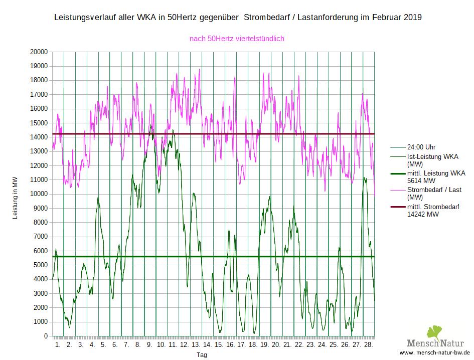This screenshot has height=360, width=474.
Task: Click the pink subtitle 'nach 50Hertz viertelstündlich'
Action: click(237, 38)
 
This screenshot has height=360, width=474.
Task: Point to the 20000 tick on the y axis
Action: click(38, 52)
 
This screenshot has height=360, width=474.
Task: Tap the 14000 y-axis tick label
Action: click(38, 137)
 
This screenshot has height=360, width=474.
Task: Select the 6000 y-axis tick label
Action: click(40, 251)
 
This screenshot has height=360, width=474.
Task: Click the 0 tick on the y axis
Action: click(46, 336)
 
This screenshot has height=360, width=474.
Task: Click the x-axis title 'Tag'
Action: click(202, 354)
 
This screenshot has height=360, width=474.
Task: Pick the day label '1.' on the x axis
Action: click(58, 345)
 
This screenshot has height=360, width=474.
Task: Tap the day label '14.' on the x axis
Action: click(207, 345)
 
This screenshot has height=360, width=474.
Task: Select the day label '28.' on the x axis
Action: click(368, 345)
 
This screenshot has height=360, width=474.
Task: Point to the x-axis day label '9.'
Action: click(149, 345)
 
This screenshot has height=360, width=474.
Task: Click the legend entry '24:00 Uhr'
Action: click(421, 147)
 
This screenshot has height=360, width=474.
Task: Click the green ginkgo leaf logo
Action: click(433, 333)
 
